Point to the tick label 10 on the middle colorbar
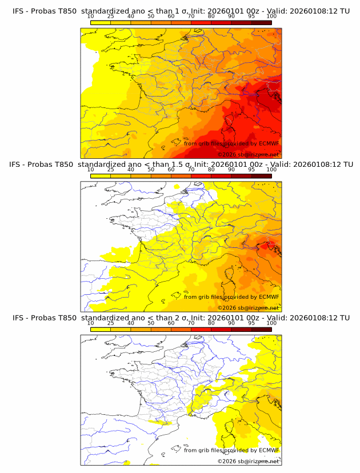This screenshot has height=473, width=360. [91, 169]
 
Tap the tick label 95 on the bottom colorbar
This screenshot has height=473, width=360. [251, 323]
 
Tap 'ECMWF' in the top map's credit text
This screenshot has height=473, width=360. [269, 143]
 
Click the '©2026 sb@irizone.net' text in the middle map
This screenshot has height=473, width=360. [248, 308]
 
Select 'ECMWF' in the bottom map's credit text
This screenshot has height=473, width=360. [269, 450]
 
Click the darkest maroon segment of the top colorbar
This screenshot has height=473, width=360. [261, 22]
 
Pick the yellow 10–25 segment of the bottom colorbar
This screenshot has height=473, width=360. [101, 329]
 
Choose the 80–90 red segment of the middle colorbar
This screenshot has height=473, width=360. [221, 175]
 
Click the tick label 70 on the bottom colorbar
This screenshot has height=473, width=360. [191, 323]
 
